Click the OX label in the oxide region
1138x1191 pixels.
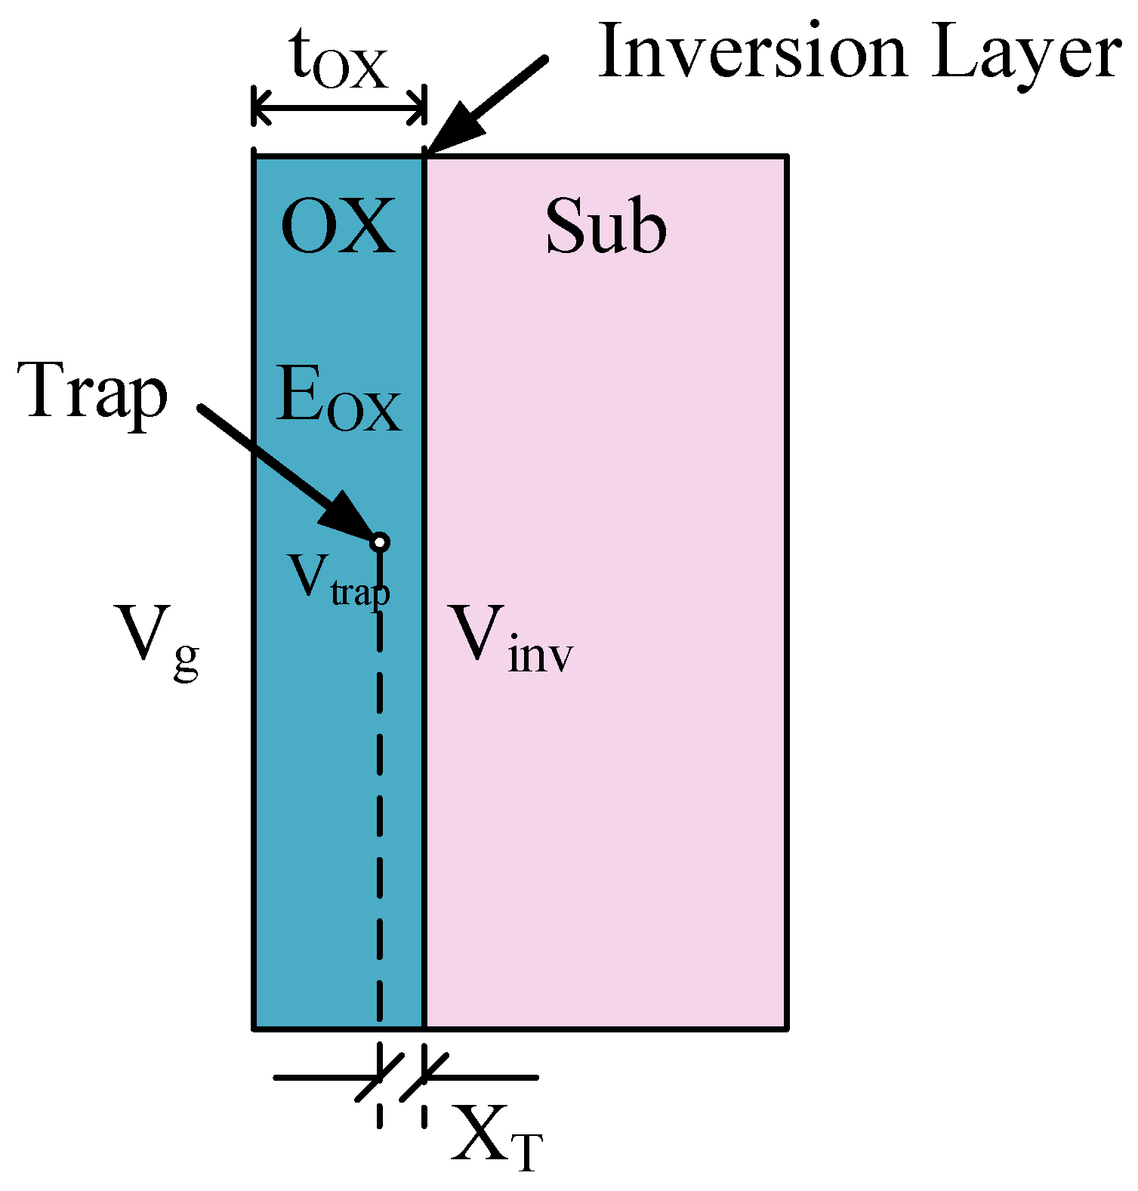[x=338, y=227]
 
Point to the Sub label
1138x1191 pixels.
[x=606, y=227]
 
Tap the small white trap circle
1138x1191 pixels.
[x=380, y=542]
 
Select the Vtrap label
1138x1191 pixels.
[x=338, y=582]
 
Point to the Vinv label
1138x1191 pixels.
[x=510, y=638]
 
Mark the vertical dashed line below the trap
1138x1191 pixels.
[x=380, y=793]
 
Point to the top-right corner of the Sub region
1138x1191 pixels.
[x=787, y=157]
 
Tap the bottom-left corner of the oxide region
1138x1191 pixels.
[x=254, y=1028]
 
